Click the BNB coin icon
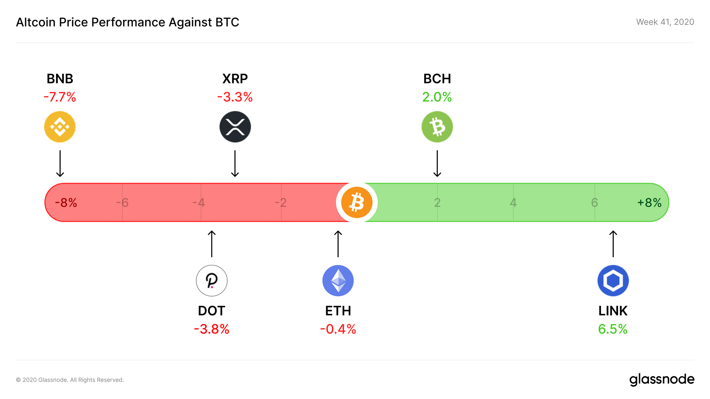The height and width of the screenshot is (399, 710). (x=60, y=127)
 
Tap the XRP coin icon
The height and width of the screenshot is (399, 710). (x=235, y=127)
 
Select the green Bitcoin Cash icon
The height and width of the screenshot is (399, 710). (x=437, y=127)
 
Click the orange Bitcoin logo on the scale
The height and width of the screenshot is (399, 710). (x=356, y=203)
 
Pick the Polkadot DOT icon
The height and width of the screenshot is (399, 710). (x=212, y=281)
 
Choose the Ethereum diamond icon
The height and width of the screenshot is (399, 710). (x=338, y=281)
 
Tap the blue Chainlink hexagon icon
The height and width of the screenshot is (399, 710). (x=613, y=281)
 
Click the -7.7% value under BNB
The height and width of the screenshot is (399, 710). (x=60, y=97)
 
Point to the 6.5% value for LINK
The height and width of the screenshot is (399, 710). (x=613, y=329)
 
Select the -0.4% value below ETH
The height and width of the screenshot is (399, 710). (x=338, y=329)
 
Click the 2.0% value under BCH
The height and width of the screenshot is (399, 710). (x=437, y=97)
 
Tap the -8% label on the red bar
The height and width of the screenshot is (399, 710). (x=66, y=203)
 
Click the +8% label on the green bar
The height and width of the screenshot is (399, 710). (x=649, y=203)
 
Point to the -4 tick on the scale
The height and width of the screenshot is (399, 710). (x=199, y=203)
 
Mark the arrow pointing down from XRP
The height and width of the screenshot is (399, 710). (x=235, y=164)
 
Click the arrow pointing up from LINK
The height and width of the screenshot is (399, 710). (x=613, y=244)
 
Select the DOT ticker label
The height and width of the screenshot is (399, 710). (x=212, y=311)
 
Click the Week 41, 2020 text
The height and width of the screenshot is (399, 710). (x=665, y=22)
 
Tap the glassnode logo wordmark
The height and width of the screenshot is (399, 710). (x=662, y=379)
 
